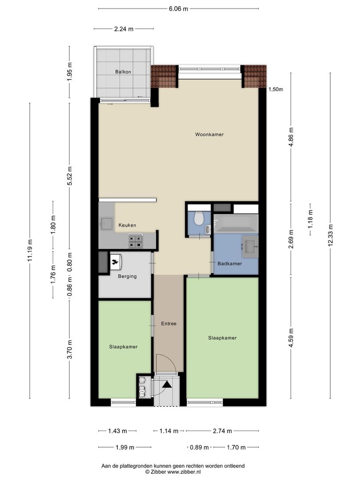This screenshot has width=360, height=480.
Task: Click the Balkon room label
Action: pos(123,72)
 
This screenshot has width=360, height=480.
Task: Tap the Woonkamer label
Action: pos(209,134)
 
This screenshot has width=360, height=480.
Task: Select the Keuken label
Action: pos(128,225)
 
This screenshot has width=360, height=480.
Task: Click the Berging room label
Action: pos(128,276)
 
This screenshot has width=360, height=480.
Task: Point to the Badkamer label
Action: pos(230,264)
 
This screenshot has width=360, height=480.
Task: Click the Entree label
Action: pos(169,324)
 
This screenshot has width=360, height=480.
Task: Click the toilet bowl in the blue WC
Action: pos(199,218)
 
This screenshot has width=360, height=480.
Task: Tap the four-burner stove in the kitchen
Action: pos(135,240)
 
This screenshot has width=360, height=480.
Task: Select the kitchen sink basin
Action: pos(107,224)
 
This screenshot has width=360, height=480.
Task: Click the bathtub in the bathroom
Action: pos(236,223)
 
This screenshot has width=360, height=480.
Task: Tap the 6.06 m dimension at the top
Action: pos(179,8)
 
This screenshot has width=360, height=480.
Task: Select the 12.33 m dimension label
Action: pos(330,235)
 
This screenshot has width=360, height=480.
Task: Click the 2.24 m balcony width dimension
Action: pos(124,29)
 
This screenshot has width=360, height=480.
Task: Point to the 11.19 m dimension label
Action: pos(30,250)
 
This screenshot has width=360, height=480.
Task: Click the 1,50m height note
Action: pos(276,89)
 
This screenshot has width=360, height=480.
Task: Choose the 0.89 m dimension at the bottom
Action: pos(199,448)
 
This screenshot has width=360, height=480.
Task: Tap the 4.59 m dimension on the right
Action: pos(291,338)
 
